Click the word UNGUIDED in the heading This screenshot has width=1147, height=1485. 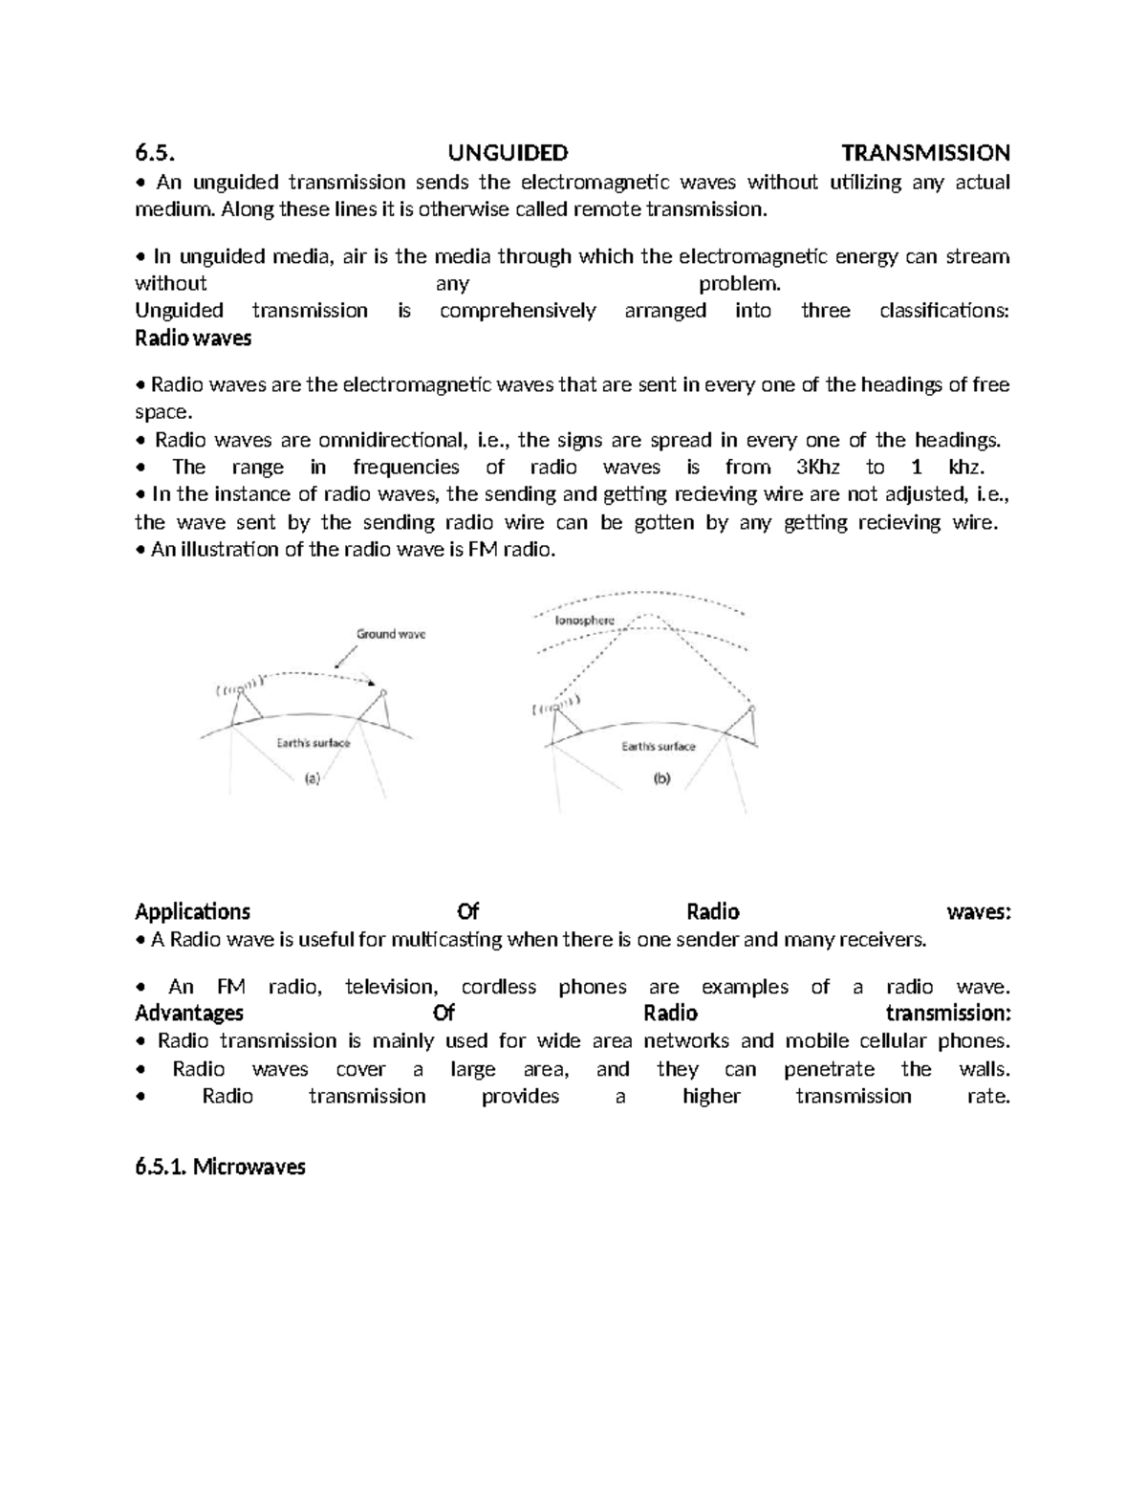tap(508, 153)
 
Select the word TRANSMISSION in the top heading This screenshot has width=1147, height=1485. tap(924, 153)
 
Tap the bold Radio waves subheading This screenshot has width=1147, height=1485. tap(193, 338)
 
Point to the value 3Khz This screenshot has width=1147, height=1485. tap(817, 467)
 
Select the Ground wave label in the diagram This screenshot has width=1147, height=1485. tap(391, 634)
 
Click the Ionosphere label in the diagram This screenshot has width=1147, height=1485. tap(585, 621)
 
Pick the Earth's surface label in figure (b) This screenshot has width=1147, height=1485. tap(659, 746)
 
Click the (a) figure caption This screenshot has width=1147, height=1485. tap(313, 778)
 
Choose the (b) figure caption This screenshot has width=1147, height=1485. tap(661, 778)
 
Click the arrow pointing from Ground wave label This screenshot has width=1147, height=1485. tap(345, 657)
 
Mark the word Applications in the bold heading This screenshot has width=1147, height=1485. tap(193, 911)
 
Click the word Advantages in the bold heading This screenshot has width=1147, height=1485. tap(189, 1013)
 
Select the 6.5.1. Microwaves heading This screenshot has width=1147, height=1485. tap(220, 1167)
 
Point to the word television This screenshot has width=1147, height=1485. tap(391, 987)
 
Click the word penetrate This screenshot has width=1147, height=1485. tap(829, 1069)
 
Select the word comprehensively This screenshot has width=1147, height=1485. tap(517, 311)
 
